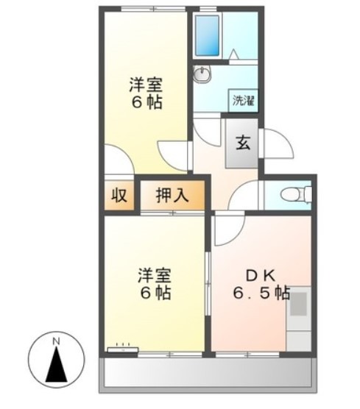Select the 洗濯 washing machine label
coord(244,100)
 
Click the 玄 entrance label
coord(243,142)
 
